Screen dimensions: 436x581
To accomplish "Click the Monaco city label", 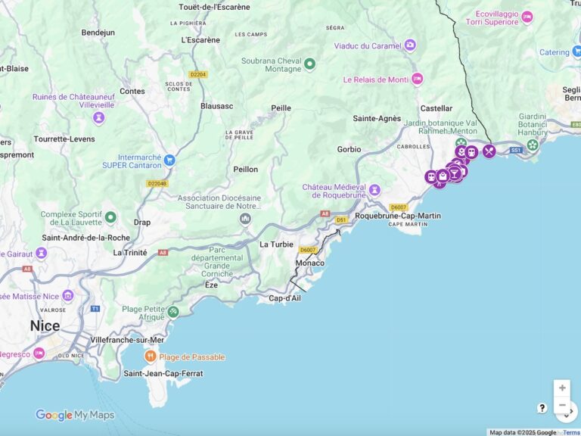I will pyautogui.click(x=309, y=263).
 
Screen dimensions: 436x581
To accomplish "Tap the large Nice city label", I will pyautogui.click(x=45, y=325).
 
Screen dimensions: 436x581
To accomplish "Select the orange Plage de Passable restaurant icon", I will pyautogui.click(x=151, y=357).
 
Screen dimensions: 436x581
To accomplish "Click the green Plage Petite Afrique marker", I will pyautogui.click(x=173, y=311).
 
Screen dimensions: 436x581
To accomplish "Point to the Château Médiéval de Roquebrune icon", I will pyautogui.click(x=374, y=188).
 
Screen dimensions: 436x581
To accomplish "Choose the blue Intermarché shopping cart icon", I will pyautogui.click(x=169, y=160).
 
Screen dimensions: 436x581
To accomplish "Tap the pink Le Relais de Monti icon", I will pyautogui.click(x=417, y=79).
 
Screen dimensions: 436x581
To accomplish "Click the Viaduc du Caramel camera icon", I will pyautogui.click(x=410, y=45).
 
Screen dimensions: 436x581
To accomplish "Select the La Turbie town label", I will pyautogui.click(x=276, y=244).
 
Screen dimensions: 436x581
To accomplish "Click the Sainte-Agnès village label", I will pyautogui.click(x=377, y=118).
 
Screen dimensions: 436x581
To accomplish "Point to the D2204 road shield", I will pyautogui.click(x=198, y=74).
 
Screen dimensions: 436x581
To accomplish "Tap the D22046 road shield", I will pyautogui.click(x=157, y=183).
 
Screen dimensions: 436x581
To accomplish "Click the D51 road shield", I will pyautogui.click(x=342, y=220).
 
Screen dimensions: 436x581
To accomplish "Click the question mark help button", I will pyautogui.click(x=542, y=408).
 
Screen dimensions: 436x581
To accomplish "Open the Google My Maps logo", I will pyautogui.click(x=75, y=415).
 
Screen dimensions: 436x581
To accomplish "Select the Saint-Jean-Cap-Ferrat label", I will pyautogui.click(x=163, y=373).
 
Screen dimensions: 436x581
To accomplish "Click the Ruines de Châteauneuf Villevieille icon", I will pyautogui.click(x=98, y=117).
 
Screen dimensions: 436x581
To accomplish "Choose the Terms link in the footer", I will pyautogui.click(x=571, y=432).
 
